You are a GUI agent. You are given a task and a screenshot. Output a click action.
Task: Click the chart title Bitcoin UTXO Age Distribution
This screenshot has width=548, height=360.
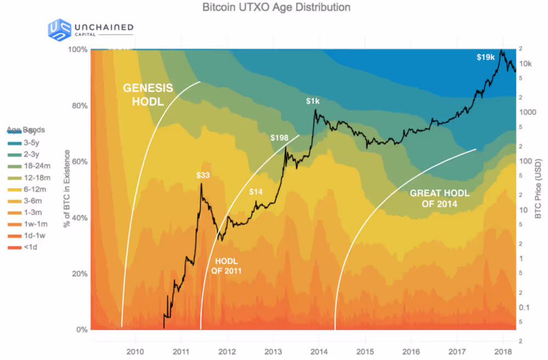(x=276, y=8)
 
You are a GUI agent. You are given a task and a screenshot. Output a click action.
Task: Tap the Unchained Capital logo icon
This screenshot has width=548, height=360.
(x=60, y=30)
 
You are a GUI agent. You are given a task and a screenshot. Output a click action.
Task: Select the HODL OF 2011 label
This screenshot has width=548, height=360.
(x=226, y=266)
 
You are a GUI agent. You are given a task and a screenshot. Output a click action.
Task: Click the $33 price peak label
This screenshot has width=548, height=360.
(x=204, y=175)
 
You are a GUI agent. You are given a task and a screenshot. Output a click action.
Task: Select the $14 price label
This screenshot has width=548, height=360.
(x=255, y=192)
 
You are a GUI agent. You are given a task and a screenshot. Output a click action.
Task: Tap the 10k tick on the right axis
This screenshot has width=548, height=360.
(x=525, y=64)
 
